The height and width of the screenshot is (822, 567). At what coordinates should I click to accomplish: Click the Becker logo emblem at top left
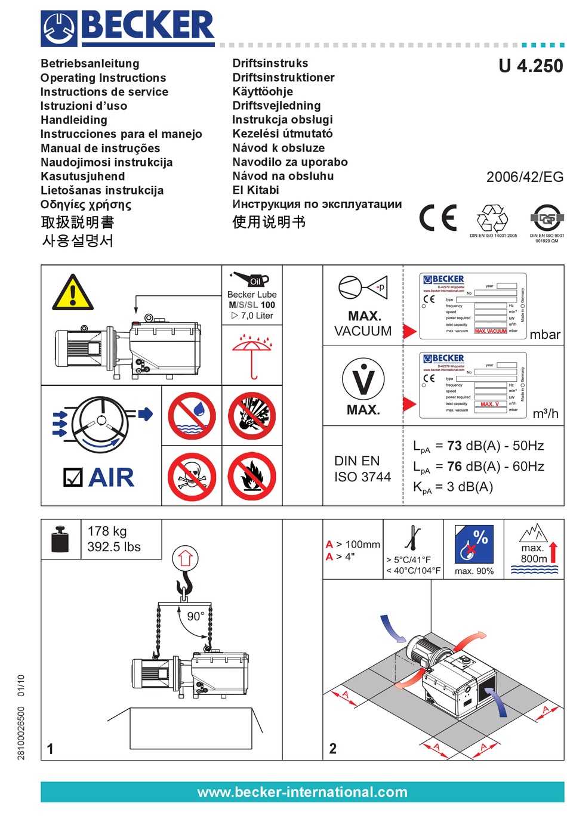(x=58, y=29)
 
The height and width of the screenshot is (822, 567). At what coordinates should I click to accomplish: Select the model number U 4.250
(x=530, y=66)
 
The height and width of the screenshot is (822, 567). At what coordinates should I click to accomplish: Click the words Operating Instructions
(x=103, y=78)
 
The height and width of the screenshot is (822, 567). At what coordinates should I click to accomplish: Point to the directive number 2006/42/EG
(x=524, y=177)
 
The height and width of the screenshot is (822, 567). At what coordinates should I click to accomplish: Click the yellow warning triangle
(x=73, y=293)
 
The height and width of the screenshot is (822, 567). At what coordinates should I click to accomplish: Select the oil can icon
(x=251, y=279)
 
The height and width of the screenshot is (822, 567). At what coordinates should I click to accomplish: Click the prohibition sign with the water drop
(x=192, y=415)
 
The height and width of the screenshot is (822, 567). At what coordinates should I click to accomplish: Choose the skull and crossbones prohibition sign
(x=192, y=477)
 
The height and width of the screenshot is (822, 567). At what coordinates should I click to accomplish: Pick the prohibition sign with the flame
(x=252, y=477)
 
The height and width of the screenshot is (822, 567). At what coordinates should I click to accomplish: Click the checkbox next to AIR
(x=73, y=477)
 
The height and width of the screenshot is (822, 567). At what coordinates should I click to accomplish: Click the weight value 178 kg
(x=107, y=531)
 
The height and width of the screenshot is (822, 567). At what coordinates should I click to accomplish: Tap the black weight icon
(x=60, y=539)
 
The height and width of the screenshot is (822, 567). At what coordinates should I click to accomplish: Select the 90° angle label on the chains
(x=196, y=616)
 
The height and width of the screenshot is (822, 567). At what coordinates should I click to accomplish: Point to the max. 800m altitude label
(x=534, y=553)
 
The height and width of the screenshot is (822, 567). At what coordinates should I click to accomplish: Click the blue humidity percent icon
(x=474, y=544)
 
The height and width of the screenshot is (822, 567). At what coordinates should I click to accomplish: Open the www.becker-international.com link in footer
(x=302, y=792)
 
